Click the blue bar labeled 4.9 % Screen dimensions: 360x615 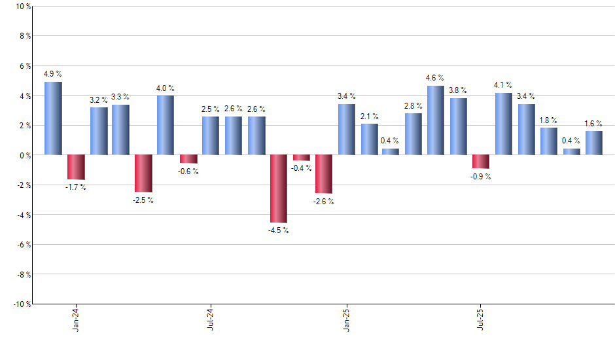click(x=54, y=118)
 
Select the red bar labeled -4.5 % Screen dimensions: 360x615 click(x=279, y=189)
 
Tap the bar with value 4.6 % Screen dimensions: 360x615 click(x=436, y=120)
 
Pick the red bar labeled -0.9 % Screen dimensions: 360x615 click(x=481, y=162)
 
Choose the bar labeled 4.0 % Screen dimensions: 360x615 click(x=166, y=125)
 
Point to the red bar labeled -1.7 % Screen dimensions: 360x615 click(x=77, y=167)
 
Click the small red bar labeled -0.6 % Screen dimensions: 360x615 click(x=188, y=159)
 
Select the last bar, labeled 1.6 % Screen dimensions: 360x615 click(x=594, y=143)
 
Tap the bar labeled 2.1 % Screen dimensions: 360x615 click(x=369, y=139)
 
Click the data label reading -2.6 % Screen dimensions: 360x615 click(x=323, y=202)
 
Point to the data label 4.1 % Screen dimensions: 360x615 click(x=503, y=85)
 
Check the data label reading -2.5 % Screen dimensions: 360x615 click(x=143, y=200)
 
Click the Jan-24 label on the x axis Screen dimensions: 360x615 click(x=77, y=319)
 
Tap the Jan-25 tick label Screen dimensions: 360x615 click(x=346, y=319)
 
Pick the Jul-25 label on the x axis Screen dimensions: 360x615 click(x=481, y=319)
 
